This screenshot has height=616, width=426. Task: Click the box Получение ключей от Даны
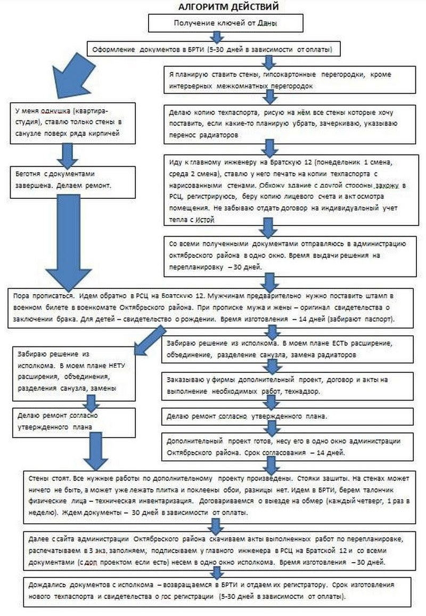tap(226, 23)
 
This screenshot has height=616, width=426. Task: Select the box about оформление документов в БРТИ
tap(213, 50)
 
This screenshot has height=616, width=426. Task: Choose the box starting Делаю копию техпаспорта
tap(289, 123)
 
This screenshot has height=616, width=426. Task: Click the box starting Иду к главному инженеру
tap(289, 190)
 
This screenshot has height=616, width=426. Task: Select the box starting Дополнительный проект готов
tap(289, 447)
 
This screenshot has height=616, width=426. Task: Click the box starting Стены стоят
tap(218, 493)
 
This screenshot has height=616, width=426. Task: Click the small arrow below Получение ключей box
tap(216, 36)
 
